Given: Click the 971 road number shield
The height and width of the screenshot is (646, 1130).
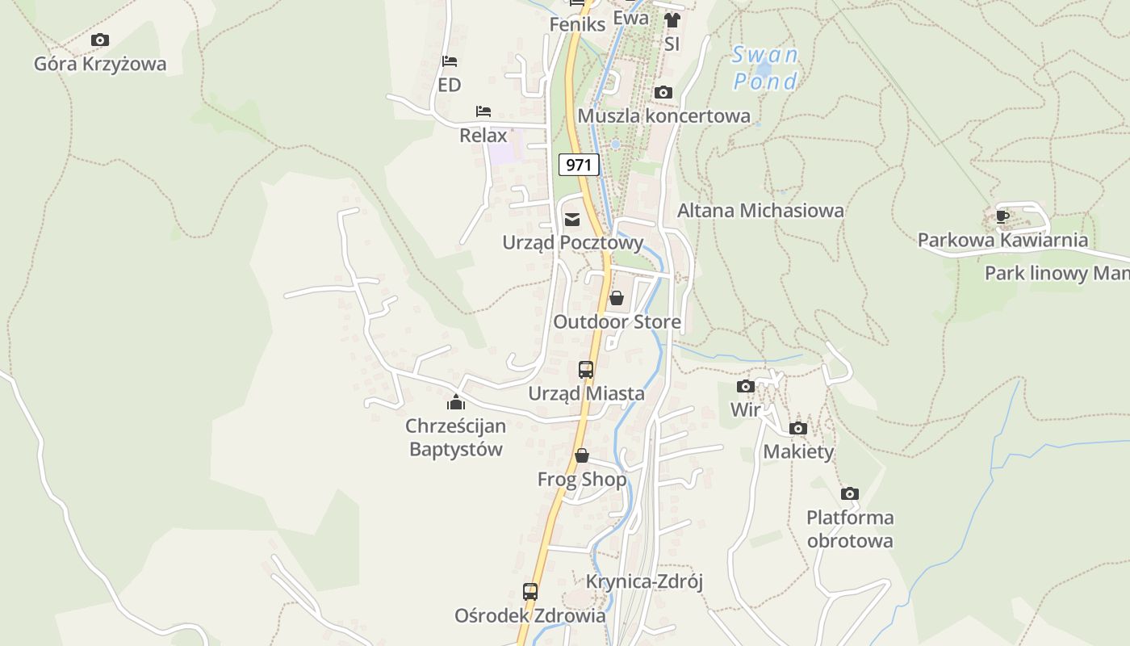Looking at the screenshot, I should (579, 165).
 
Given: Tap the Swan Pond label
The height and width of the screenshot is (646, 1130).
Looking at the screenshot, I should (765, 68).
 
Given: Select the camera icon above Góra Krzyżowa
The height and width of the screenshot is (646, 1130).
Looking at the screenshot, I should (100, 40).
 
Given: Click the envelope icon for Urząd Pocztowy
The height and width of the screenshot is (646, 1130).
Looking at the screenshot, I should (572, 219).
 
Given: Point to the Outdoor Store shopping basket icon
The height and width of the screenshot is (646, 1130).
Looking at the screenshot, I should (617, 298).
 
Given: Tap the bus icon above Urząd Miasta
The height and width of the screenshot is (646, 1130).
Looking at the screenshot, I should (586, 370).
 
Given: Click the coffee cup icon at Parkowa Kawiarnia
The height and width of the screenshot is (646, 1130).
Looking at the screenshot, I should (1002, 216).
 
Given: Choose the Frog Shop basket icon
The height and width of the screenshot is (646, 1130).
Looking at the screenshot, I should (582, 456).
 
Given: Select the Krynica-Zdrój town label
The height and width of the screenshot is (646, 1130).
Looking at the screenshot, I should (645, 581).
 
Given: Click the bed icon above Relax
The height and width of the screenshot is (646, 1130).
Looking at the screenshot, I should (483, 111).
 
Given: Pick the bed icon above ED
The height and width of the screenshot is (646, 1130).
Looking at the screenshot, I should (450, 61).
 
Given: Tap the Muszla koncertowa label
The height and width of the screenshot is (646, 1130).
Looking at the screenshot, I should (663, 115).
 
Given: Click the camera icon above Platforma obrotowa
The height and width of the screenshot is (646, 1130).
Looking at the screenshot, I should (849, 493).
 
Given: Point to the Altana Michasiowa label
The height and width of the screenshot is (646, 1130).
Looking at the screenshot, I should (760, 210).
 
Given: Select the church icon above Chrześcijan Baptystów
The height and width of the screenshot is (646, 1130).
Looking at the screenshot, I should (456, 401).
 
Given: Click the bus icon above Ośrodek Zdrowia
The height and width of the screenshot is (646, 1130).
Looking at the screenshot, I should (530, 591).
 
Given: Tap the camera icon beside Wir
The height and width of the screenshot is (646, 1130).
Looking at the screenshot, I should (746, 386).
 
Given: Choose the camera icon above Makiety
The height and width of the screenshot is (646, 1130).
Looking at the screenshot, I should (798, 428).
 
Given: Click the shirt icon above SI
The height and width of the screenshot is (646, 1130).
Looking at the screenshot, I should (672, 20).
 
